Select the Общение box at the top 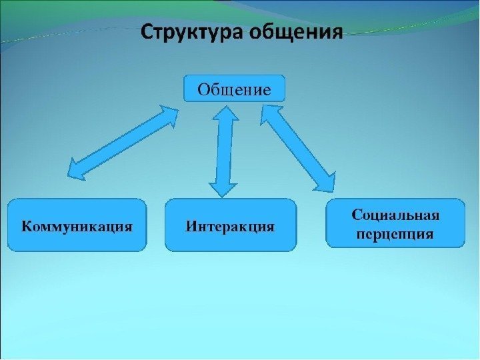tap(234, 89)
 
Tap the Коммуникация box tap(77, 225)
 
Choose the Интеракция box tap(230, 225)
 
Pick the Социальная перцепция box tap(395, 223)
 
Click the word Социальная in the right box tap(395, 215)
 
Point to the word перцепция tap(395, 234)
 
